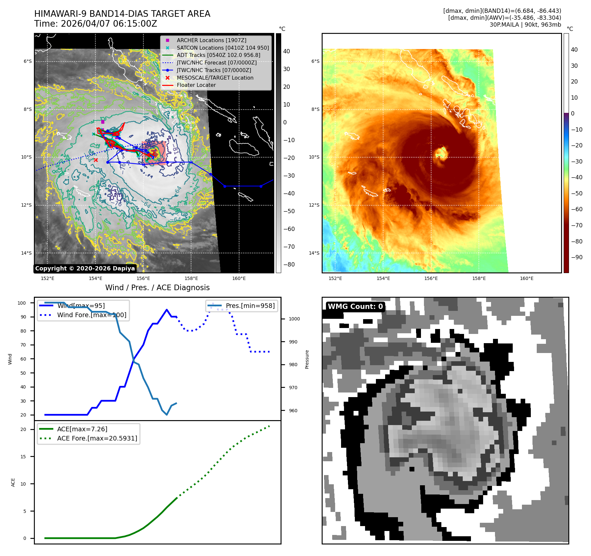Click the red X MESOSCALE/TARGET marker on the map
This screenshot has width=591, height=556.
[x=96, y=160]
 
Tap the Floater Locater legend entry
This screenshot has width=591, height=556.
[x=196, y=85]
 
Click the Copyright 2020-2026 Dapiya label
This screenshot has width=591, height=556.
[x=85, y=268]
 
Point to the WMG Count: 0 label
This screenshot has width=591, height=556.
[x=355, y=307]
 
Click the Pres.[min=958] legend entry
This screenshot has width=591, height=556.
[x=250, y=306]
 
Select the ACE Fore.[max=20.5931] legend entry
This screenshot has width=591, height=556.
[x=97, y=438]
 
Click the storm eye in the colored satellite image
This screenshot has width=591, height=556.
[x=440, y=153]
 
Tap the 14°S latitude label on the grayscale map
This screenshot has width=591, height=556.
[x=27, y=253]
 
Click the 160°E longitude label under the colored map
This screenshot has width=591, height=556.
[x=527, y=278]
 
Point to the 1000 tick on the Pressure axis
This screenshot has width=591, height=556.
[x=294, y=319]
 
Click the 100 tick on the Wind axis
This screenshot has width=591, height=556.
[x=22, y=303]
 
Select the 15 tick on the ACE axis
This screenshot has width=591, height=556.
[x=23, y=457]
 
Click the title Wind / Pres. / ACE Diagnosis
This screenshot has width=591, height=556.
[x=157, y=288]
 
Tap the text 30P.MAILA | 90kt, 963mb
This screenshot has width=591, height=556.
[x=525, y=25]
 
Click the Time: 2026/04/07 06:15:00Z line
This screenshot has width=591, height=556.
[x=96, y=24]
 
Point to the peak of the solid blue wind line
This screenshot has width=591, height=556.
[x=167, y=310]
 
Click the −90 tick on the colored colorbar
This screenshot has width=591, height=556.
[x=576, y=257]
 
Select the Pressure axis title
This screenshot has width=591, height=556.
[x=307, y=359]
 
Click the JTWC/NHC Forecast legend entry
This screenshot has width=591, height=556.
[x=216, y=63]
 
